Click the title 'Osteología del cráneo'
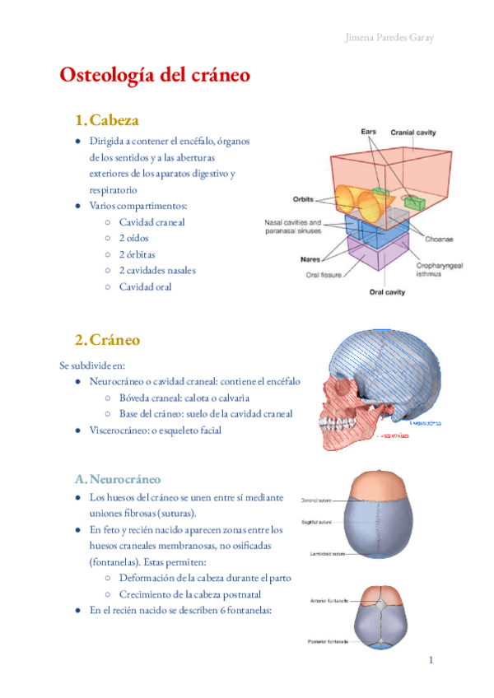155,75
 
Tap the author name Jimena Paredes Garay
389,38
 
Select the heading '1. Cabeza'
107,120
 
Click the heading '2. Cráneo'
107,340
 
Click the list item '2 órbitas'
137,254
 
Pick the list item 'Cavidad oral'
146,286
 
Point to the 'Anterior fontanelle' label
325,600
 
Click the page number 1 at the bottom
431,659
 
